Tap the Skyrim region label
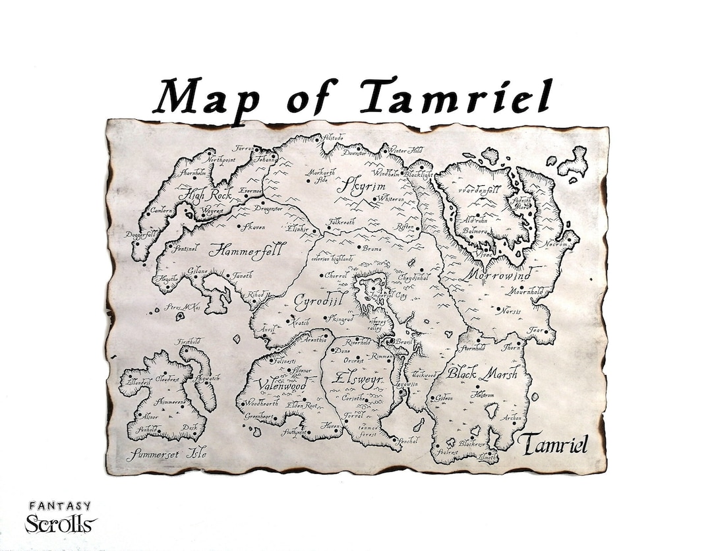361,187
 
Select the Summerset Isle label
166,453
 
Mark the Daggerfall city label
140,235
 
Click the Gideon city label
444,398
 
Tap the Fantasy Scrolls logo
61,518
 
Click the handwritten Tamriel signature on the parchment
552,444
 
